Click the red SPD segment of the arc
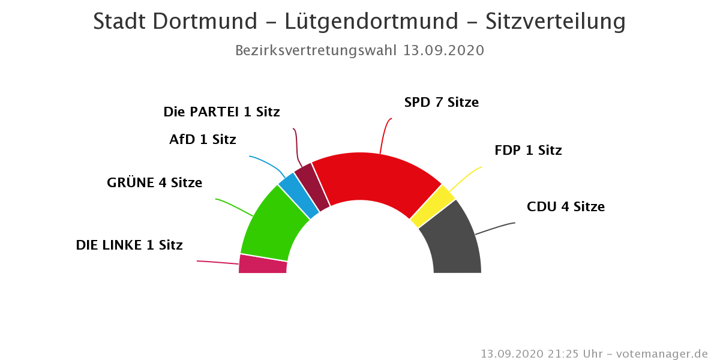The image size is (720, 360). pyautogui.click(x=375, y=178)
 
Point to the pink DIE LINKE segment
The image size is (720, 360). pyautogui.click(x=263, y=265)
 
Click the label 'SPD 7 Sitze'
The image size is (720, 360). pyautogui.click(x=441, y=103)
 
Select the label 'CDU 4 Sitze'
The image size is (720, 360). pyautogui.click(x=565, y=207)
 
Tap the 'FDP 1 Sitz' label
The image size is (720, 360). pyautogui.click(x=528, y=151)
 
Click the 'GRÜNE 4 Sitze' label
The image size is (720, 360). pyautogui.click(x=154, y=183)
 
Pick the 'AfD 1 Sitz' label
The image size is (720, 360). pyautogui.click(x=203, y=140)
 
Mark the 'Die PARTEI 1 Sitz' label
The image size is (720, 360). pyautogui.click(x=221, y=112)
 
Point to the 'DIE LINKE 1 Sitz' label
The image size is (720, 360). pyautogui.click(x=129, y=245)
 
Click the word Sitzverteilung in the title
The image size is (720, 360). pyautogui.click(x=556, y=22)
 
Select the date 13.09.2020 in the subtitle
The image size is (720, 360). pyautogui.click(x=443, y=50)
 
